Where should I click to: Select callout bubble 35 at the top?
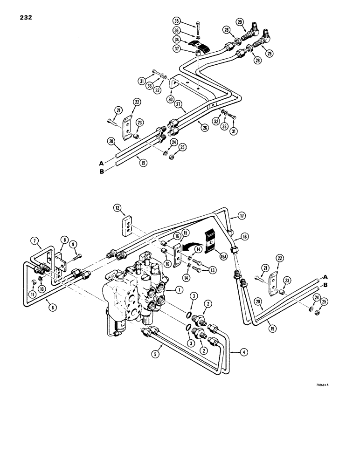[x=176, y=21]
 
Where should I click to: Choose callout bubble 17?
[x=241, y=216]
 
